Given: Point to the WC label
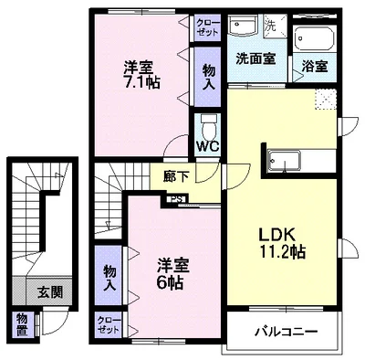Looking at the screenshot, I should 206,145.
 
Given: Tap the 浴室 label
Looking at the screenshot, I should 314,67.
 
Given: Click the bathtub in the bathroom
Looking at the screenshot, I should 314,39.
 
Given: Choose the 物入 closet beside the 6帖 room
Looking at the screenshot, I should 109,276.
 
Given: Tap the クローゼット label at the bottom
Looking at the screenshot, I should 109,325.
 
